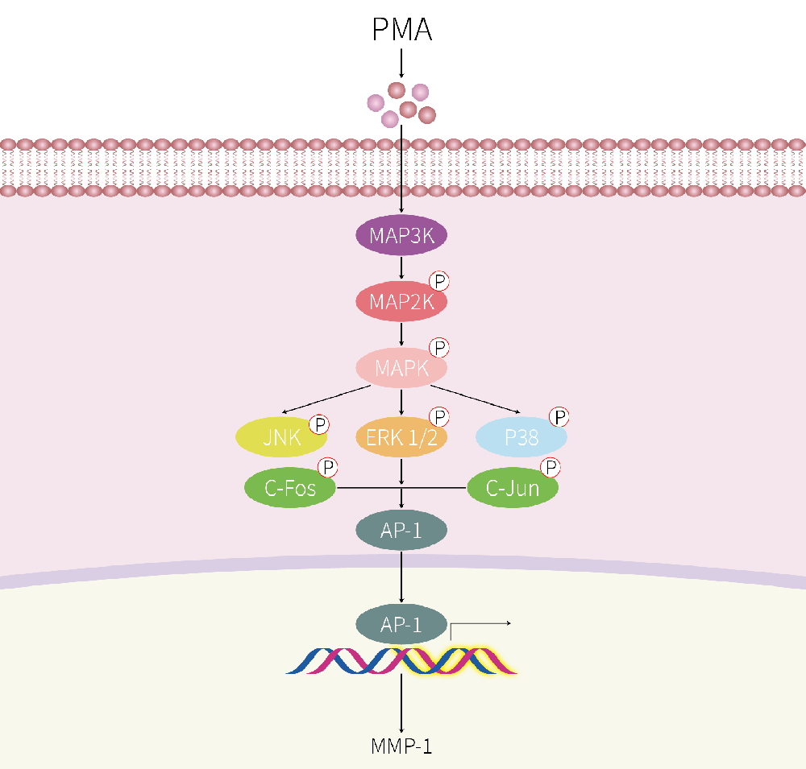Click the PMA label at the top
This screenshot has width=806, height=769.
click(x=401, y=30)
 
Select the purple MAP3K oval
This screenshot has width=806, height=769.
click(x=401, y=236)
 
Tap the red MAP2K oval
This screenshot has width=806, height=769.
click(x=401, y=302)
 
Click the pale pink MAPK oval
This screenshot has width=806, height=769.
click(x=401, y=368)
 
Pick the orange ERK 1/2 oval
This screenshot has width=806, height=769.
click(x=401, y=437)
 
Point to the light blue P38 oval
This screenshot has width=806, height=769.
click(x=521, y=437)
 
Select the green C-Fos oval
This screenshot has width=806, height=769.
click(x=289, y=488)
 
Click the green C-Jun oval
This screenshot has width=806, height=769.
click(x=513, y=488)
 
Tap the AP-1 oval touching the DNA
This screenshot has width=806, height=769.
click(x=401, y=624)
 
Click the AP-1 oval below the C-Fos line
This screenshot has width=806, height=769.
click(x=401, y=530)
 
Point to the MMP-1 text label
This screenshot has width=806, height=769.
click(x=401, y=746)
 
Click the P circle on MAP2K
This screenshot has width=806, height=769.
click(x=439, y=282)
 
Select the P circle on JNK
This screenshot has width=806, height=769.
click(x=319, y=424)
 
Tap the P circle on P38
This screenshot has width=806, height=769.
click(x=559, y=417)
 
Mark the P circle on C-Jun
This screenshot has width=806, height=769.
click(x=550, y=468)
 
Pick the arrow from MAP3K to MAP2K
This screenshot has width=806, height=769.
click(x=401, y=268)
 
